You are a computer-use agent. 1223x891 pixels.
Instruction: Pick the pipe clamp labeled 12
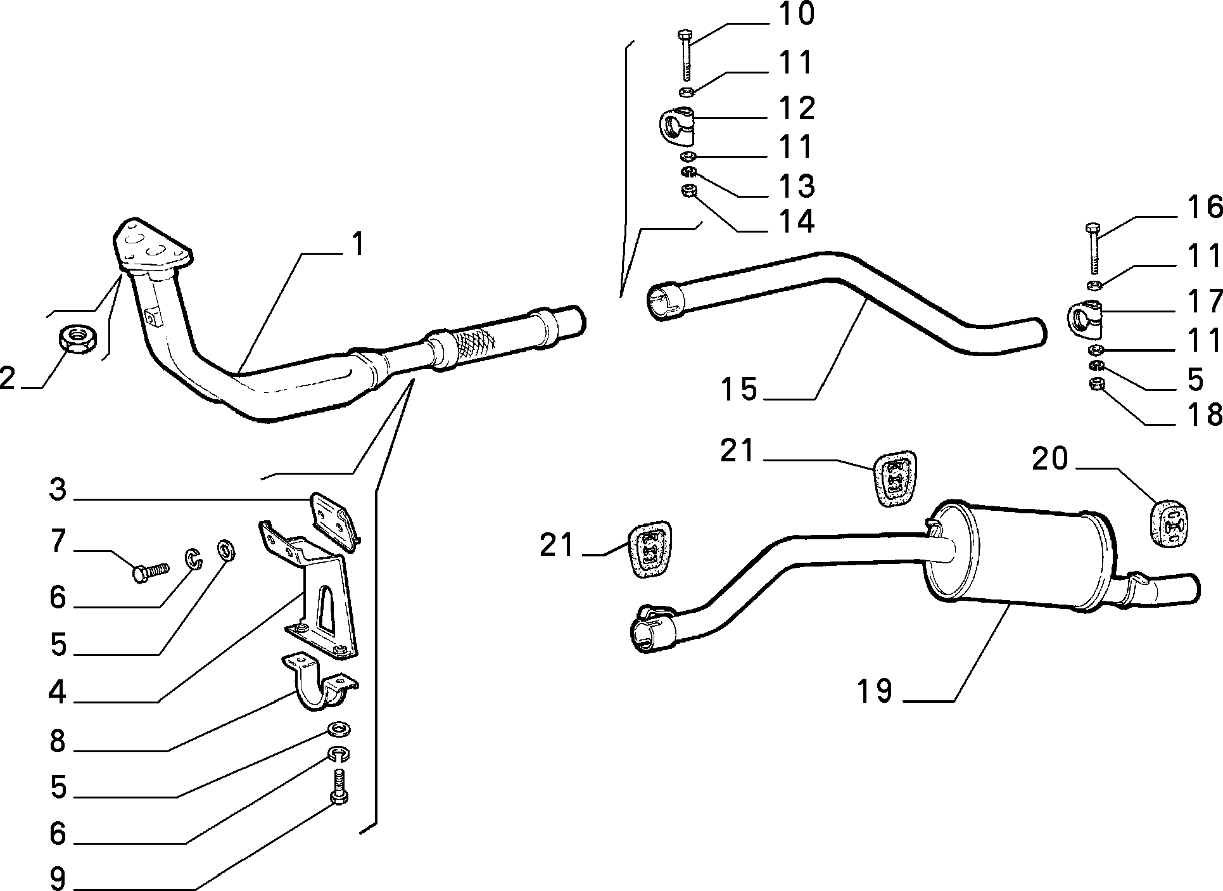point(676,125)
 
